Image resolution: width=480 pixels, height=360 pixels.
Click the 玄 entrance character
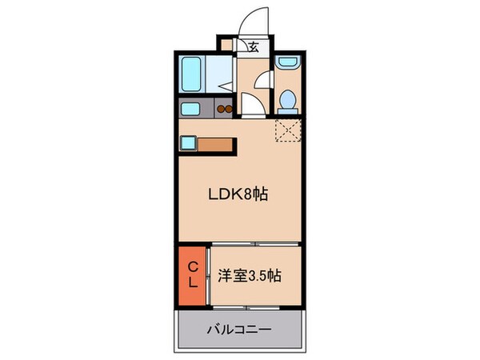coord(253,47)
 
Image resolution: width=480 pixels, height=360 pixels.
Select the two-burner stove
coord(225,110)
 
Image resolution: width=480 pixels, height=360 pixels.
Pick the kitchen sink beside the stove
coord(190,110)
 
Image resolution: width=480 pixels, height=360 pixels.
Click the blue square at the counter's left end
coord(187,144)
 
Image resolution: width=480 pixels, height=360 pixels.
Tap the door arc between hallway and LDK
coord(250,104)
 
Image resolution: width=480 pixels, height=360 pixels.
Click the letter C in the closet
coord(192,266)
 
